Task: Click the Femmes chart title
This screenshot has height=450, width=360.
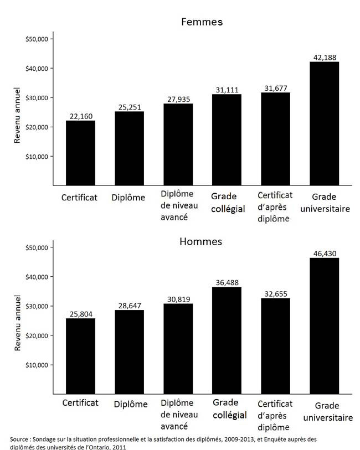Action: [x=202, y=22]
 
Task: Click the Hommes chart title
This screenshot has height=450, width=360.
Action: [x=201, y=242]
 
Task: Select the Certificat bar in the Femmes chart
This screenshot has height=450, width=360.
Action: [x=80, y=153]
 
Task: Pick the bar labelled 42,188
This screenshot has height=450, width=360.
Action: [x=324, y=123]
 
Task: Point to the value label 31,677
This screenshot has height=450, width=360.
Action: [x=275, y=87]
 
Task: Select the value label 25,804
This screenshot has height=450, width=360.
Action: [x=81, y=314]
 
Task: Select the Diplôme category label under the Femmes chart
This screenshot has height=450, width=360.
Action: [x=128, y=198]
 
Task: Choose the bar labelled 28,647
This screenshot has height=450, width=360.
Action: [x=129, y=351]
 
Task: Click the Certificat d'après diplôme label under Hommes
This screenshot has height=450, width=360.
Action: [x=275, y=415]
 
